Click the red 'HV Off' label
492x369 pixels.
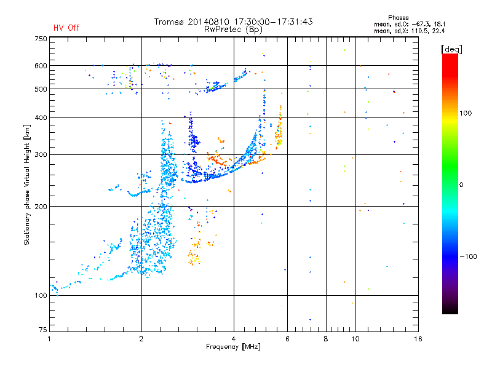coord(66,28)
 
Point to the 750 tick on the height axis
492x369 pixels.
coord(40,39)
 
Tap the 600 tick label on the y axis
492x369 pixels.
coord(40,66)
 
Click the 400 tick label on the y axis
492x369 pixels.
coord(40,117)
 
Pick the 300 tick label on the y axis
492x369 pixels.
coord(40,154)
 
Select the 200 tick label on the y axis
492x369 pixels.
coord(40,206)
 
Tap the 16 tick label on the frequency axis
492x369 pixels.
coord(418,339)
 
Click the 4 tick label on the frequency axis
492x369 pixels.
coord(234,339)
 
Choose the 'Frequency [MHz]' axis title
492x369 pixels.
coord(234,347)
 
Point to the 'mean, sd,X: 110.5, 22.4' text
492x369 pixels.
coord(409,30)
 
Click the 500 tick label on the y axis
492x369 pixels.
coord(40,89)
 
